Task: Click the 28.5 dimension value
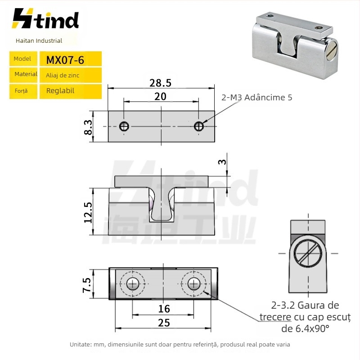(160, 83)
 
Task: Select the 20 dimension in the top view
(160, 96)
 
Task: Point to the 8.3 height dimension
(88, 127)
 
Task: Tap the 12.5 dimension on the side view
(88, 212)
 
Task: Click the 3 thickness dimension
(222, 162)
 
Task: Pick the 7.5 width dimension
(87, 285)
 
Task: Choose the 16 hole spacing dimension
(164, 309)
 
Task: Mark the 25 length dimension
(164, 323)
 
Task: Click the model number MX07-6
(65, 60)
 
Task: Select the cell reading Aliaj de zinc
(63, 75)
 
